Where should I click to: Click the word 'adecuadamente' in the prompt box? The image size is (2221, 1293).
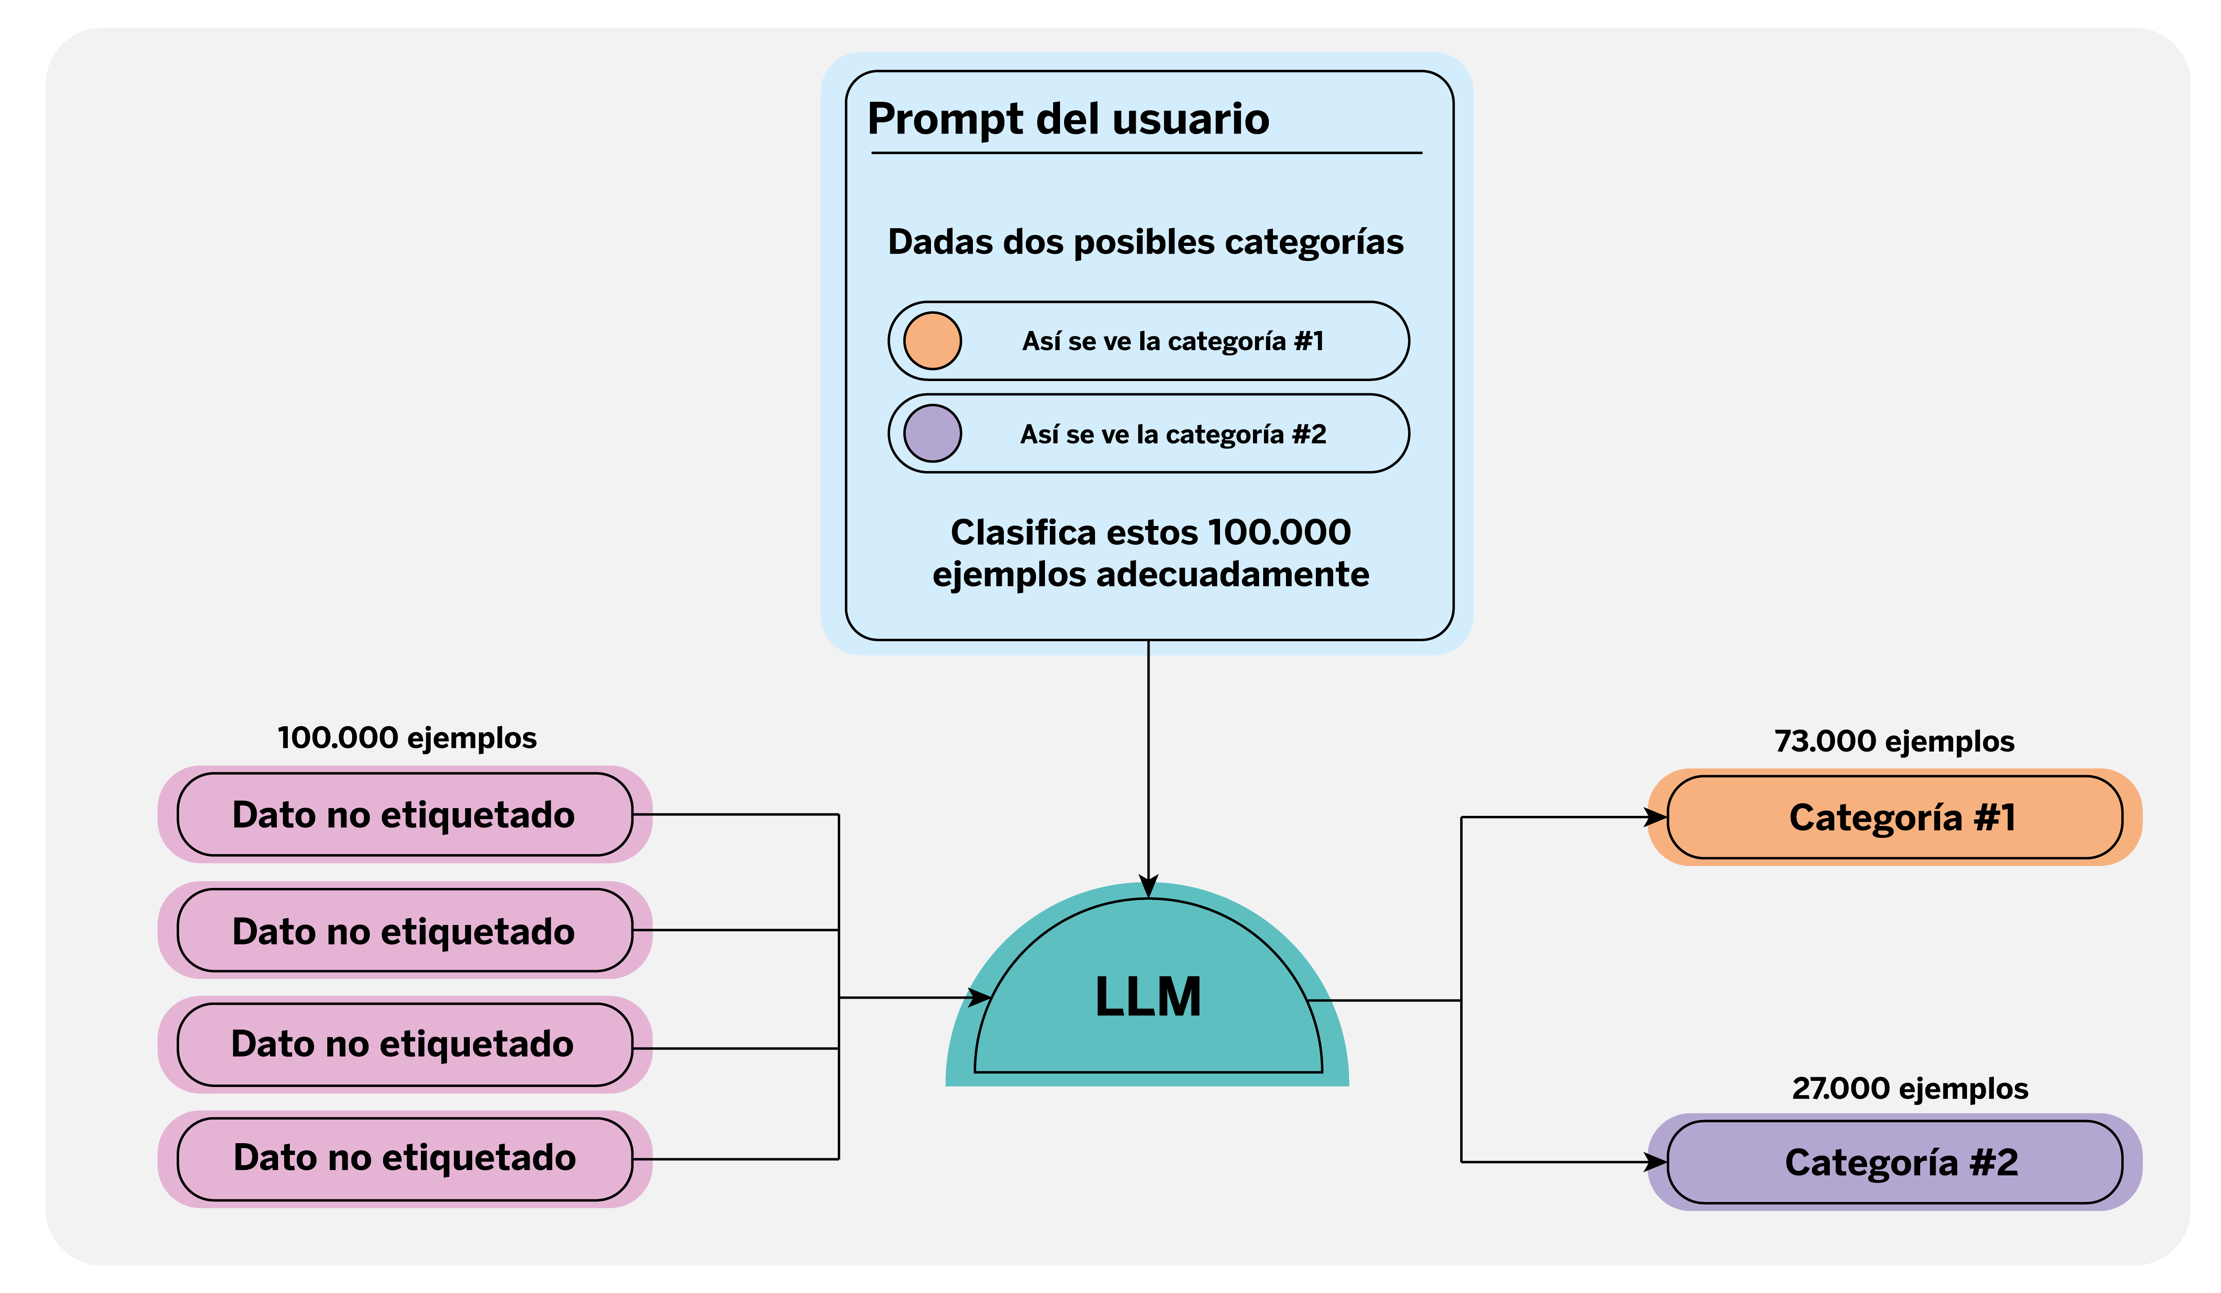1232,575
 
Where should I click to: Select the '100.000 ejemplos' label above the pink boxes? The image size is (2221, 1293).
406,738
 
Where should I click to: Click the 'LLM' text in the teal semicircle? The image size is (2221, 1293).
1148,997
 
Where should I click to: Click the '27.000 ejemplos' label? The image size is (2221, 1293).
1909,1089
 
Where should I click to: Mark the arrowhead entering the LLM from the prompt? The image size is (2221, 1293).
1148,887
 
